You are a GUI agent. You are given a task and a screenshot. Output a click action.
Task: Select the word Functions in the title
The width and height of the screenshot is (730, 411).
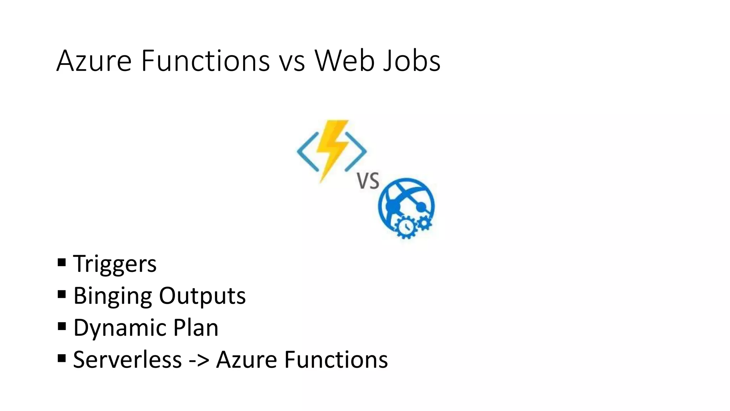tap(205, 61)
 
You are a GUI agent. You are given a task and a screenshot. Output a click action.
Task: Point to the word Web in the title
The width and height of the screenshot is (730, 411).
tap(344, 61)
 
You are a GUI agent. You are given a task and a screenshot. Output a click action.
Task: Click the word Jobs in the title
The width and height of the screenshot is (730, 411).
tap(411, 61)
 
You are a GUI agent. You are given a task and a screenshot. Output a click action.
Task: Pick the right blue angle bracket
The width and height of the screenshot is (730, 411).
tap(356, 151)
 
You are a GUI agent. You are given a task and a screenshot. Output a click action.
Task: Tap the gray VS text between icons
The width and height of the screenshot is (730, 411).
tap(368, 181)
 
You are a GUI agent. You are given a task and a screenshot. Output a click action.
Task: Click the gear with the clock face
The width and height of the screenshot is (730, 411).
tap(405, 227)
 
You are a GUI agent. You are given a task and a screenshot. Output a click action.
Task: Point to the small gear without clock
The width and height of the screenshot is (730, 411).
tap(424, 223)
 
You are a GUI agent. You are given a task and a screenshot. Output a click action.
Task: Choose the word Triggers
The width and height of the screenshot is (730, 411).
tap(115, 264)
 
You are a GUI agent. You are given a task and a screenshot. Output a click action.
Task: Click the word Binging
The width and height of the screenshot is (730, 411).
tap(113, 296)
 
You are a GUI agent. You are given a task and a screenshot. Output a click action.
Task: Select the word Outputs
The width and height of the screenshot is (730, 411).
tap(202, 296)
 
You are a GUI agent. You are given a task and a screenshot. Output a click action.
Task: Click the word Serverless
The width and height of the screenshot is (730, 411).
tap(127, 359)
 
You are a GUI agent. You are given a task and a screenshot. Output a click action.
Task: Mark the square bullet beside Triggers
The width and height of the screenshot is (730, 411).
tap(62, 263)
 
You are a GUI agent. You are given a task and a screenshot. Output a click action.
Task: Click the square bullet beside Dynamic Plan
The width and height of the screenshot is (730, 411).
tap(62, 326)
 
